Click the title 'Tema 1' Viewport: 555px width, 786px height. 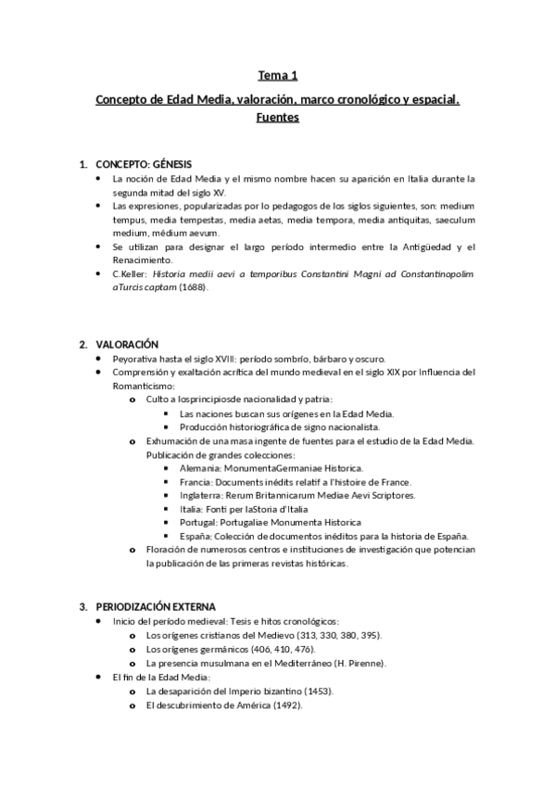[x=277, y=75]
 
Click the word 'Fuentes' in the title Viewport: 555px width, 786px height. [x=277, y=119]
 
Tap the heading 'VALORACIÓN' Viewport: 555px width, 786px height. [x=127, y=344]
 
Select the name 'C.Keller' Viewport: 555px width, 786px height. [x=128, y=274]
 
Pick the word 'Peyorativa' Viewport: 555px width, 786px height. [x=135, y=359]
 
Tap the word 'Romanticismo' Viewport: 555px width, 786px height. [x=142, y=386]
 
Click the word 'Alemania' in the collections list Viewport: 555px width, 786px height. [x=199, y=468]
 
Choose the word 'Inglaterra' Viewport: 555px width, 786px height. [x=201, y=496]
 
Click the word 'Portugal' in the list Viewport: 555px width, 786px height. [x=199, y=523]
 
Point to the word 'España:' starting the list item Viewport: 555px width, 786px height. [x=196, y=537]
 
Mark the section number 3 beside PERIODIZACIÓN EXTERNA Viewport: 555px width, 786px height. [x=82, y=606]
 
